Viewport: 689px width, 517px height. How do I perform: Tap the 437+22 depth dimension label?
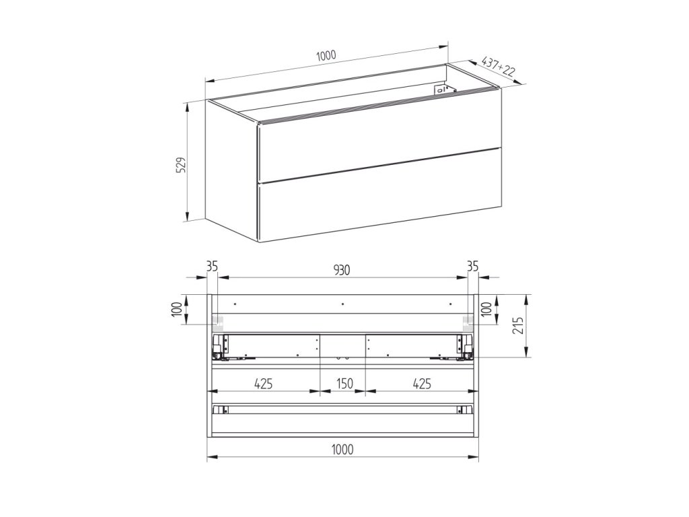499,67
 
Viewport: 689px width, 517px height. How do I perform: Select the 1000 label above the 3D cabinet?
326,55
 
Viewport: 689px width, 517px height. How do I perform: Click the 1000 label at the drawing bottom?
342,449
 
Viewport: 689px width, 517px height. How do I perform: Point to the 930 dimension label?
341,270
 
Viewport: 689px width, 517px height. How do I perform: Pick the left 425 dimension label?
263,384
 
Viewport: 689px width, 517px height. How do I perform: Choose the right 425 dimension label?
422,384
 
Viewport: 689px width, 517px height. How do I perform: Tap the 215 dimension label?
519,325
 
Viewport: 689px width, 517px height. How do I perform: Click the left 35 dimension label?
212,266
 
